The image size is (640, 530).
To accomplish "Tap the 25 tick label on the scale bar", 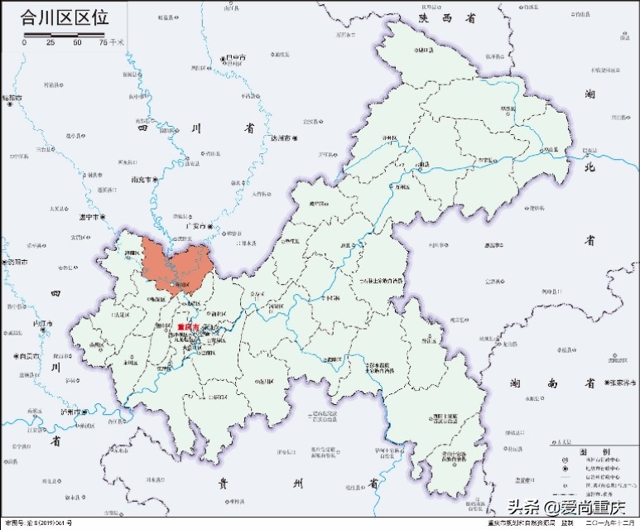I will pyautogui.click(x=51, y=42).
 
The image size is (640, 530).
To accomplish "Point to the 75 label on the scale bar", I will pyautogui.click(x=103, y=42).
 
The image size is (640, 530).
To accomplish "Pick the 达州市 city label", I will pyautogui.click(x=280, y=137).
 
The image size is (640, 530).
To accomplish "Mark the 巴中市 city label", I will pyautogui.click(x=235, y=57).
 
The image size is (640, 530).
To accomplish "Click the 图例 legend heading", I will pyautogui.click(x=591, y=450).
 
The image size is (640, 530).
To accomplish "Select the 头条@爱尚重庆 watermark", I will pyautogui.click(x=567, y=508).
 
